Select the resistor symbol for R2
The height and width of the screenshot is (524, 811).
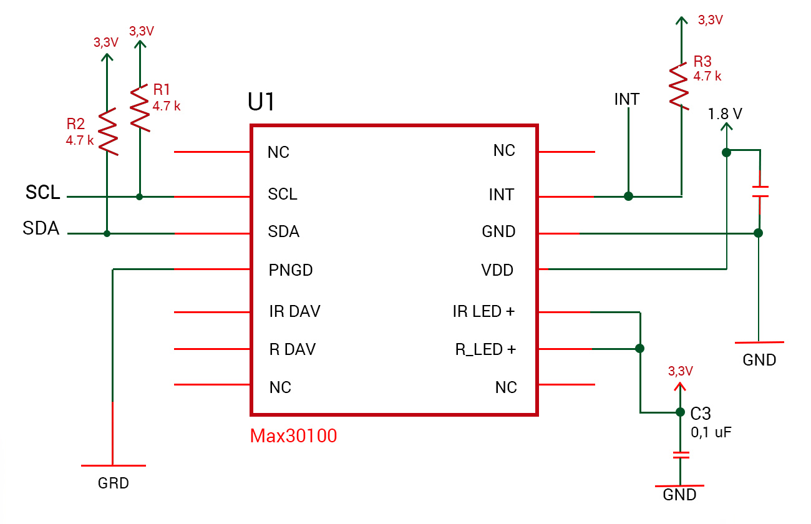pyautogui.click(x=107, y=132)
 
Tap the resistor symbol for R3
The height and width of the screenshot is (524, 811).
pyautogui.click(x=680, y=85)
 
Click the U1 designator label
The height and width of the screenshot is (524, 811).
pyautogui.click(x=262, y=102)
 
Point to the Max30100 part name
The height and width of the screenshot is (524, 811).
pyautogui.click(x=293, y=435)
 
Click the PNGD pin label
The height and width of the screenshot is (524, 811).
pyautogui.click(x=291, y=271)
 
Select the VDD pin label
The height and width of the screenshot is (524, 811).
pyautogui.click(x=497, y=270)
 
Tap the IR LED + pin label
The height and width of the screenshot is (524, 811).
pyautogui.click(x=483, y=311)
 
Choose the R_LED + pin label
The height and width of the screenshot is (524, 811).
pyautogui.click(x=485, y=350)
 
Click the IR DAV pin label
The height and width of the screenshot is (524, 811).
pyautogui.click(x=294, y=311)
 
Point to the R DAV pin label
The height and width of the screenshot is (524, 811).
pyautogui.click(x=292, y=350)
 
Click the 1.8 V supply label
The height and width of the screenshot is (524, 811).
pyautogui.click(x=726, y=114)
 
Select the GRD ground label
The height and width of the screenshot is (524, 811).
pyautogui.click(x=114, y=483)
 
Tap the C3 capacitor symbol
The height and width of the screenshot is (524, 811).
pyautogui.click(x=681, y=455)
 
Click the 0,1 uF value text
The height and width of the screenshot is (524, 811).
pyautogui.click(x=711, y=432)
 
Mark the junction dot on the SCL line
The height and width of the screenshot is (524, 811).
pyautogui.click(x=140, y=197)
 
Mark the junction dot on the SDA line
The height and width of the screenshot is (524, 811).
pyautogui.click(x=107, y=234)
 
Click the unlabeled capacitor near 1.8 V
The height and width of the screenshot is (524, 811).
pyautogui.click(x=759, y=192)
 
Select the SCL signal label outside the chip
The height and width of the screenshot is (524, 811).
pyautogui.click(x=43, y=193)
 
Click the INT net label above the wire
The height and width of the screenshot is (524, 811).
pyautogui.click(x=626, y=99)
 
